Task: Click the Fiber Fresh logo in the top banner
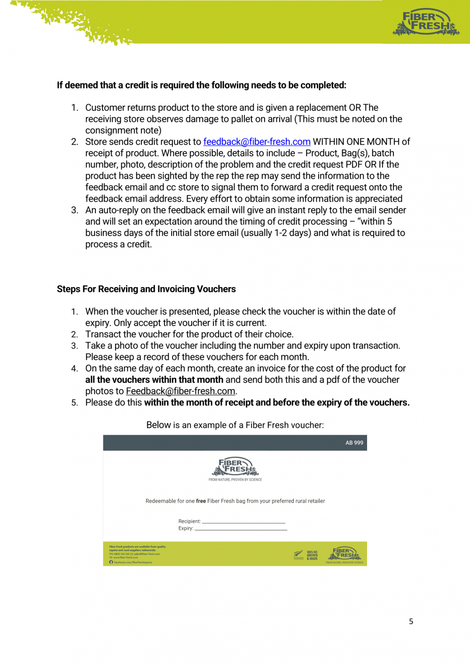click(425, 23)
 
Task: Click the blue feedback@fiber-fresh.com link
click(257, 142)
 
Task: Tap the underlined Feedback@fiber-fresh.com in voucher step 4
click(180, 391)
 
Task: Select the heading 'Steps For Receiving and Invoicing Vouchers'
click(146, 289)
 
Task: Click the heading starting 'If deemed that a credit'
click(201, 85)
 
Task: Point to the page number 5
click(411, 621)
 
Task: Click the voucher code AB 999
click(354, 443)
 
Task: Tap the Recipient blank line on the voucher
click(243, 522)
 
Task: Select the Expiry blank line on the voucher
click(241, 529)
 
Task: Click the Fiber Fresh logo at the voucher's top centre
click(235, 467)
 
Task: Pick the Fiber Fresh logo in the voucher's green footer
click(345, 554)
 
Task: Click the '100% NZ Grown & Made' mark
click(312, 555)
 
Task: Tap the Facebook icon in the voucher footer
click(111, 562)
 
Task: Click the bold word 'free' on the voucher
click(201, 501)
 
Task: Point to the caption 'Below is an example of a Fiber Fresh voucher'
click(235, 425)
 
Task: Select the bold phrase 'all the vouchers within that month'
click(154, 380)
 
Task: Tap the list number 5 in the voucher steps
click(75, 403)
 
